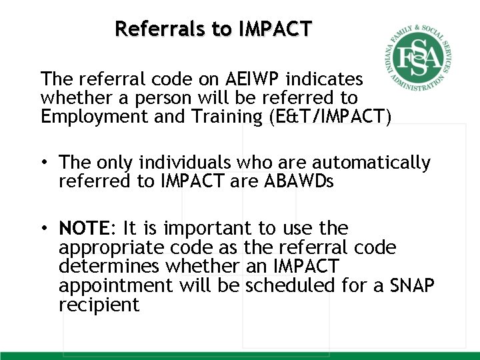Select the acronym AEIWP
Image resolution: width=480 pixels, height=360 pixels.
pos(252,79)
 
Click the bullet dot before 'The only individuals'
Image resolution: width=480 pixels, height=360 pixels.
pos(44,163)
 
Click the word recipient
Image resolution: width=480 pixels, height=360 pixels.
pos(99,305)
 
